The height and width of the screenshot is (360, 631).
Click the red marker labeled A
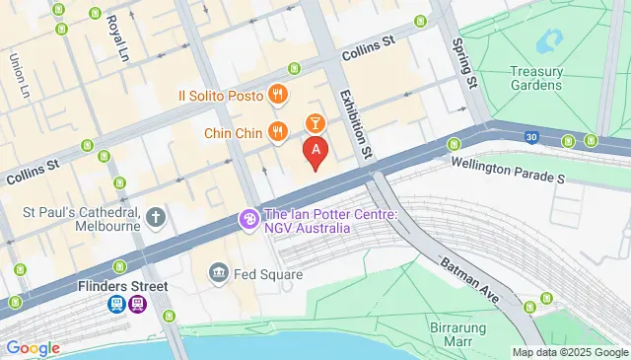(x=315, y=152)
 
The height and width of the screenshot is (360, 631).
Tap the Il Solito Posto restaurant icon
(x=279, y=96)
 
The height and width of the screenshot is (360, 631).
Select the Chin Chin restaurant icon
(x=279, y=131)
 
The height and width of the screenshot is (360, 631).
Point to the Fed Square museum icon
(x=219, y=272)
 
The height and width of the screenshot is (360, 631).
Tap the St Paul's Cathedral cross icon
(x=156, y=216)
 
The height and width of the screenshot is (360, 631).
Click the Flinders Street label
(x=123, y=287)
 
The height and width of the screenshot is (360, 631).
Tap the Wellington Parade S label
(x=508, y=174)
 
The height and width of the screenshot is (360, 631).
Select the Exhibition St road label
(x=355, y=124)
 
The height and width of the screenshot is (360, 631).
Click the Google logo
(x=33, y=348)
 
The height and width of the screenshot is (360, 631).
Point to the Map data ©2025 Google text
(x=569, y=352)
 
